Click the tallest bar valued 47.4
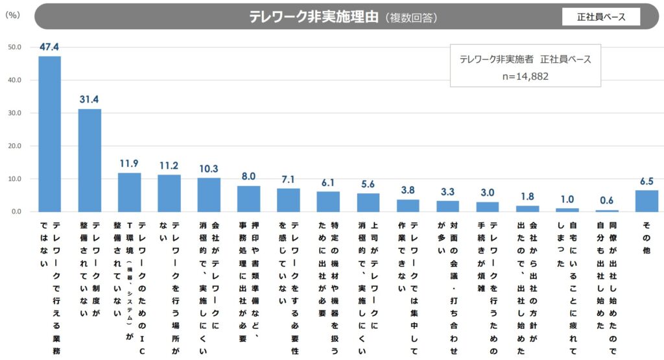click(x=49, y=134)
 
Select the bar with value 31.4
click(x=89, y=160)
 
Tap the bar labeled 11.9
click(x=129, y=192)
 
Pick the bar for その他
click(x=646, y=201)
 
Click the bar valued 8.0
click(x=248, y=198)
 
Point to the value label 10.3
click(x=209, y=168)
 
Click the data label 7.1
click(x=289, y=178)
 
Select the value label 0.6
click(x=607, y=200)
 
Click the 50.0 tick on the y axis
click(x=15, y=47)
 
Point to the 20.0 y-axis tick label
click(x=15, y=146)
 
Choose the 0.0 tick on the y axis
click(x=16, y=212)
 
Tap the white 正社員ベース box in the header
click(x=601, y=17)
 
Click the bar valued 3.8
click(x=408, y=205)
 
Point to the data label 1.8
click(x=527, y=196)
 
